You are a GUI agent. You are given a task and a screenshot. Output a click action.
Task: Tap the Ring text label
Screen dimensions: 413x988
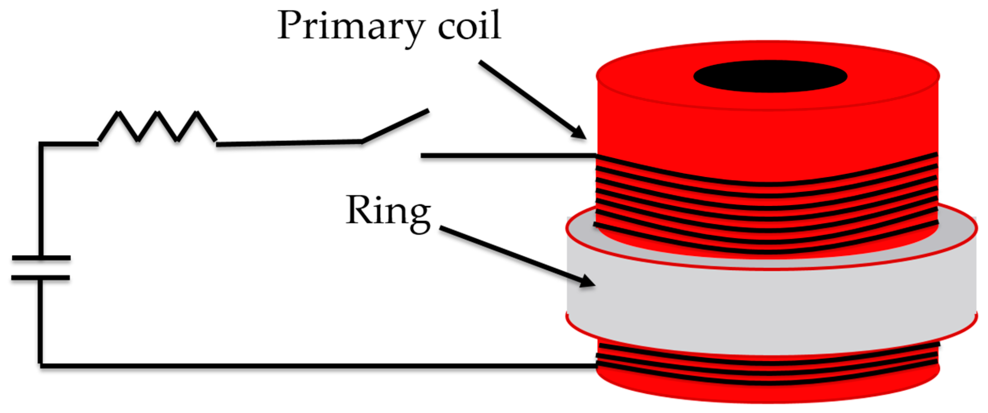coord(387,212)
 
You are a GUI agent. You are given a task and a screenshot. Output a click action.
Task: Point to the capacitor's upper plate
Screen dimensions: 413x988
coord(41,258)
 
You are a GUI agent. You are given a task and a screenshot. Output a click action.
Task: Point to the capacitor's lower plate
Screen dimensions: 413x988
coord(41,278)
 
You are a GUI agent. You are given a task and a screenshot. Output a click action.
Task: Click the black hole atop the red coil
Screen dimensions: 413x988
coord(770,76)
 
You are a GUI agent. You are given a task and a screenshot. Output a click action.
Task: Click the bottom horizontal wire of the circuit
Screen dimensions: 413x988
coord(313,366)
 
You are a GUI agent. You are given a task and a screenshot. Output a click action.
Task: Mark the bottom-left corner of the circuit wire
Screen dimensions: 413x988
coord(40,365)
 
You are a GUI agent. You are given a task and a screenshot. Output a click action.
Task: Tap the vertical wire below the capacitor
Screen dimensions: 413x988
coord(40,321)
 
